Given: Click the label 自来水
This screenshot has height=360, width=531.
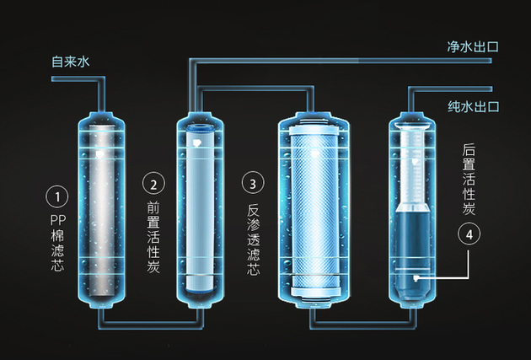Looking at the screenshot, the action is [x=71, y=62].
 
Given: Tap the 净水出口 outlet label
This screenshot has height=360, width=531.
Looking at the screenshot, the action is [x=473, y=46].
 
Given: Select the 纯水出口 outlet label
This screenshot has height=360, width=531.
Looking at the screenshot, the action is [x=474, y=107].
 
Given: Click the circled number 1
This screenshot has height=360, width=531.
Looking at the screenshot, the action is [x=57, y=196].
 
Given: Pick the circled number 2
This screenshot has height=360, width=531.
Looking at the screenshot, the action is [x=153, y=184].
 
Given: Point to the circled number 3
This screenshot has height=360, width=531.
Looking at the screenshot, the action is [x=253, y=183].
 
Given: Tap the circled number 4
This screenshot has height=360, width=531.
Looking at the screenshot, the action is [x=469, y=234].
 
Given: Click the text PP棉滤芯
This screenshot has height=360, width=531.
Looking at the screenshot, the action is [x=57, y=243].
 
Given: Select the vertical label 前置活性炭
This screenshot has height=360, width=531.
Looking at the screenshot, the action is [x=153, y=238].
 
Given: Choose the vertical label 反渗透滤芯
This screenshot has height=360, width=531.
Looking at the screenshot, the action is [x=253, y=240].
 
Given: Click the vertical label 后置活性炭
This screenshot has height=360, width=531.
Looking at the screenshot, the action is [x=469, y=180].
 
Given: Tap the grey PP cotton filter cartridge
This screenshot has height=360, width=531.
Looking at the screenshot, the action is [x=101, y=210].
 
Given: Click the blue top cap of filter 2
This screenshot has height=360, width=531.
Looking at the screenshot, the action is [x=201, y=129].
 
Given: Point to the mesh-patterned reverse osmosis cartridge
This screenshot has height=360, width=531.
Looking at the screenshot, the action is [x=314, y=203].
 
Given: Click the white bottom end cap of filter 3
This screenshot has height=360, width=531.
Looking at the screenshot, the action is [x=314, y=291].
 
